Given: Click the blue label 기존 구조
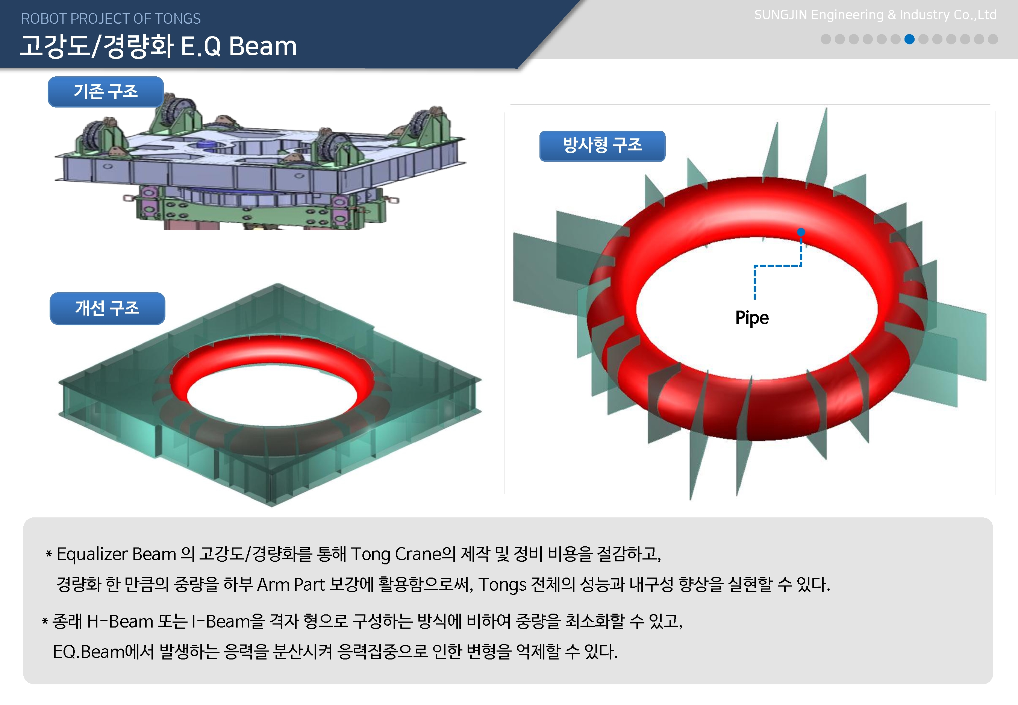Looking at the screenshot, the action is pos(106,91).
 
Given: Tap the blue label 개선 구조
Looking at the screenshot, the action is pos(107,308).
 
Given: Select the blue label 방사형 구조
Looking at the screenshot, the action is pos(602,146).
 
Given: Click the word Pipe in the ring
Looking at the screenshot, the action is pos(752,318).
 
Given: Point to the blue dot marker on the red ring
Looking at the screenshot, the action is pos(801,232).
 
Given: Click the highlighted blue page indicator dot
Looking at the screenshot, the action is pos(909,39).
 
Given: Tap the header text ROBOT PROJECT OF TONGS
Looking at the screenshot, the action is pos(111,18).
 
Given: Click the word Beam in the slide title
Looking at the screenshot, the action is pos(263,46).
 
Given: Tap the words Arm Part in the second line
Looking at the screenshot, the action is pos(291,584).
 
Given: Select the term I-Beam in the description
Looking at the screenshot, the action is pos(220,622).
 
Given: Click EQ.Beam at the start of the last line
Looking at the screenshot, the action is pos(89,652).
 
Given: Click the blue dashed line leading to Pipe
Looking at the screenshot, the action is pos(778,266).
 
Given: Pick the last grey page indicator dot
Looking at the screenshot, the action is pos(993,39).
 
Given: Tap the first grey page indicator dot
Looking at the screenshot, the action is pos(826,39).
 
